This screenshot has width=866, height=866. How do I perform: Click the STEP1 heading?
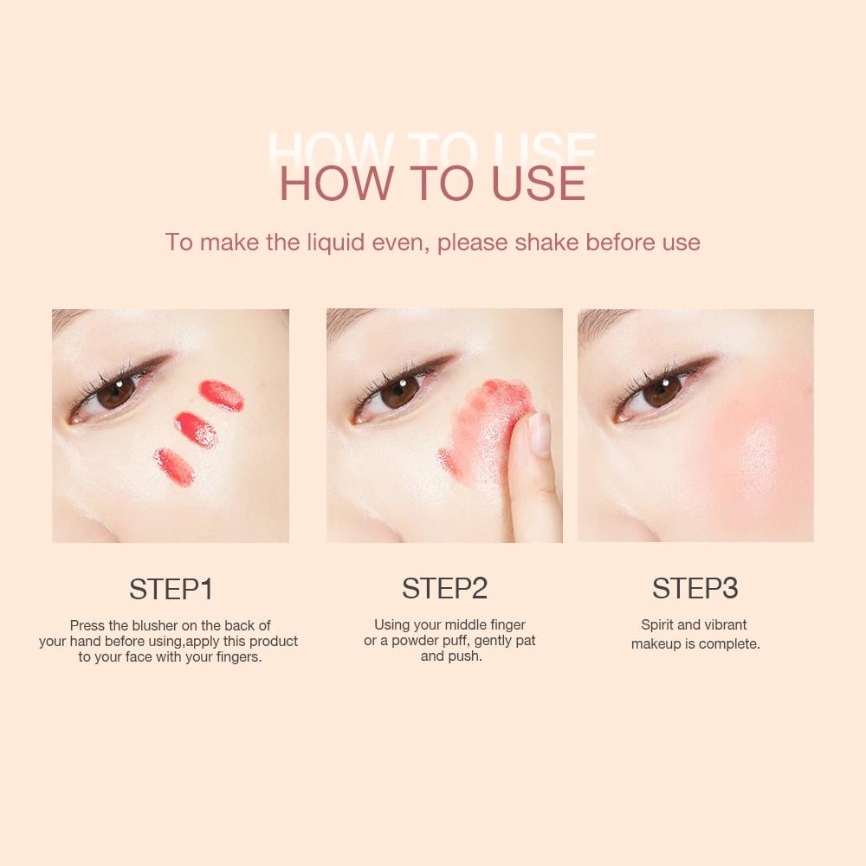171,589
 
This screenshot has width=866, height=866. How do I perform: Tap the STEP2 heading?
444,588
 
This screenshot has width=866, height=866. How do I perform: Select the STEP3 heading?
695,588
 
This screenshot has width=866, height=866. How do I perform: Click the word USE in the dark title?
539,184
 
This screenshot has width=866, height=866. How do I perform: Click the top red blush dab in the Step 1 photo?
222,396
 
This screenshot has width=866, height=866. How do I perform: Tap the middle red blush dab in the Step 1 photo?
197,430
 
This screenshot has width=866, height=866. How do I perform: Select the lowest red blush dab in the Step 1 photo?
175,467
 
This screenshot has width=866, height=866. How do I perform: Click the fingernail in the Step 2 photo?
539,434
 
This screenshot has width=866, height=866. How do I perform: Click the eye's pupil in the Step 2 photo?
400,391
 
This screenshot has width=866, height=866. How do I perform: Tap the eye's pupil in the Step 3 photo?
661,390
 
